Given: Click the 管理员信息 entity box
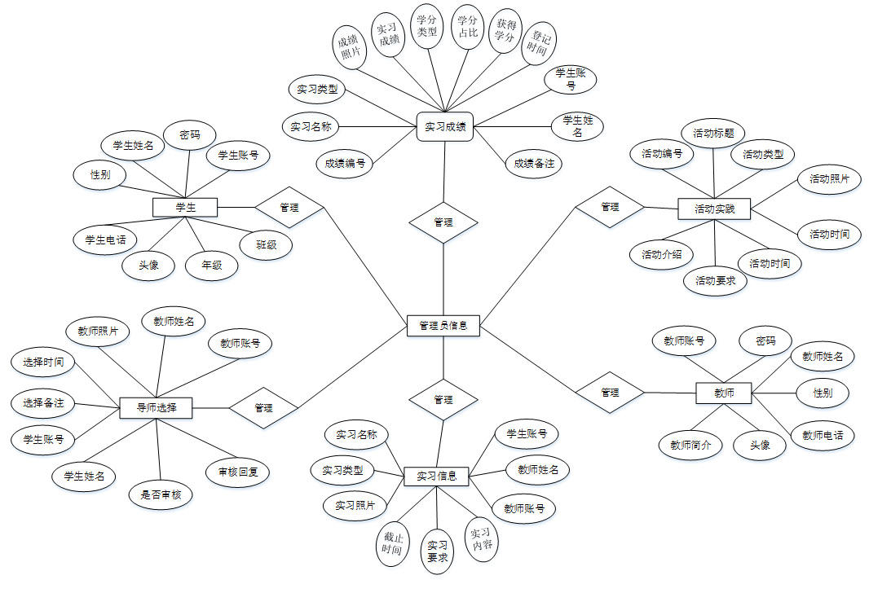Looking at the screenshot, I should [x=443, y=326].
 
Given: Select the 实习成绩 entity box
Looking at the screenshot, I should [x=445, y=126].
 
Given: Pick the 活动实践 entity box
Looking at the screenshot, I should [x=714, y=209].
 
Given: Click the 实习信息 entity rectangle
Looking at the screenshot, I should [x=436, y=476].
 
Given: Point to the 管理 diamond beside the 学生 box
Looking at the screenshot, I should [x=289, y=207].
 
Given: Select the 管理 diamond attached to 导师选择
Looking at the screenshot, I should [x=263, y=407].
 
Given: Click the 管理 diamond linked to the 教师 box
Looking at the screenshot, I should [x=610, y=392].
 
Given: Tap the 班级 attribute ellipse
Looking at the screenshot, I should [x=266, y=244].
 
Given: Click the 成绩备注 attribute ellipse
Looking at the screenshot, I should [x=533, y=163].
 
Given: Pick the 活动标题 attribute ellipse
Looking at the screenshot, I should [x=713, y=132].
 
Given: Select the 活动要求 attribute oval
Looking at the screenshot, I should [x=714, y=280].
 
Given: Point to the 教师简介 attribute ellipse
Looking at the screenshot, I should [x=690, y=445].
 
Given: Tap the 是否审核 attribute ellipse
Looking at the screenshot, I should [x=161, y=494].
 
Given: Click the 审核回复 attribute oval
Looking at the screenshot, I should [x=237, y=472].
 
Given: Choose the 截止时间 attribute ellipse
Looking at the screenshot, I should [x=392, y=543].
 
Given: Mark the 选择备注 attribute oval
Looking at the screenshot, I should [x=43, y=402].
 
